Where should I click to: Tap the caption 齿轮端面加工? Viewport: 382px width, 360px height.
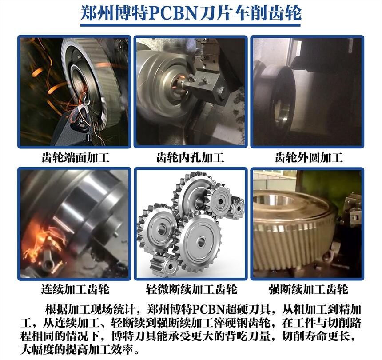(76, 157)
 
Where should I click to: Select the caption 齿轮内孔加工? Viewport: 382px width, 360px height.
(190, 157)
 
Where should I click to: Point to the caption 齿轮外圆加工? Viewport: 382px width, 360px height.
(309, 157)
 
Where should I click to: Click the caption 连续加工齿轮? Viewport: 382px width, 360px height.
(75, 289)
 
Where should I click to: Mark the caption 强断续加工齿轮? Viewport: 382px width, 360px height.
(309, 289)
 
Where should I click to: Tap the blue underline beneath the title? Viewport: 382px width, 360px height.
(191, 25)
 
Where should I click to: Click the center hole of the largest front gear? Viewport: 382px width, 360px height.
(201, 242)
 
